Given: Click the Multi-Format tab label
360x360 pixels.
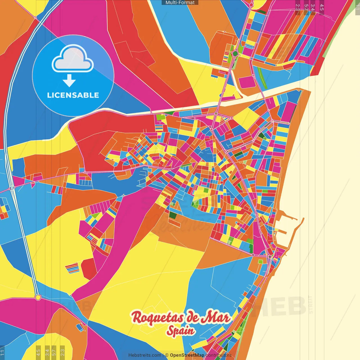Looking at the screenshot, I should pos(180,3).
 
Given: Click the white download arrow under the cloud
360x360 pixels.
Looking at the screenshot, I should pos(69,81).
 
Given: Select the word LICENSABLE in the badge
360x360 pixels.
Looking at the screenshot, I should pos(73,95).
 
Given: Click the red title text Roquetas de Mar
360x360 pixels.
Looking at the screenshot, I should pos(181,317).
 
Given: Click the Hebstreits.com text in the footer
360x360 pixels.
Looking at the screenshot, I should pos(145,355).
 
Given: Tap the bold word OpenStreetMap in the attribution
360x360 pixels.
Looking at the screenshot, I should pos(187,355).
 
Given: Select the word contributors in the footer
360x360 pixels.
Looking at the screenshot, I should pos(219,355).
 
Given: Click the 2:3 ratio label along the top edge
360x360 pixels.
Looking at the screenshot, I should pos(298,7).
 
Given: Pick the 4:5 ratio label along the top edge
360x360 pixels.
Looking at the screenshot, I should pos(322,7).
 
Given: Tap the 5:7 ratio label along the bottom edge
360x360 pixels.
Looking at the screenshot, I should pos(54,352).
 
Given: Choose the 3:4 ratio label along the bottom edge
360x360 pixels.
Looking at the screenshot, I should pos(47,352).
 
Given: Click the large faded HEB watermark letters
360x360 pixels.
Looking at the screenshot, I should pos(281,307).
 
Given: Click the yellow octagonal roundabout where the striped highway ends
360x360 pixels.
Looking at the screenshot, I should pos(38,297).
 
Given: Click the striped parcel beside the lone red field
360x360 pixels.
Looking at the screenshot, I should pos(73,268).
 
